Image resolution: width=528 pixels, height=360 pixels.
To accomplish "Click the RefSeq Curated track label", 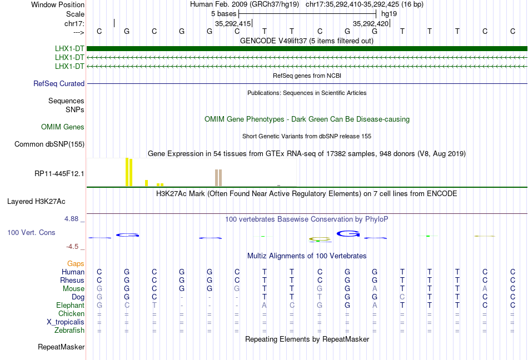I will [x=59, y=84].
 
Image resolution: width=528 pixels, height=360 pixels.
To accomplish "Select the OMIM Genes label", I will [x=63, y=127].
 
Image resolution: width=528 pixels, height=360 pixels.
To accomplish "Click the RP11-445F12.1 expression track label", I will [x=59, y=174].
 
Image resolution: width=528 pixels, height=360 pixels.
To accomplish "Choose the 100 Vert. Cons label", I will [x=32, y=232].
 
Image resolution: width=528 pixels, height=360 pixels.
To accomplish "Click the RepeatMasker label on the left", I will [x=61, y=347].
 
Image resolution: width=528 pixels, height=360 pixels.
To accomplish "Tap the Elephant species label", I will [x=70, y=306].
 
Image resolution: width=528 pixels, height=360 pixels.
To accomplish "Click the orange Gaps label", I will [x=76, y=263].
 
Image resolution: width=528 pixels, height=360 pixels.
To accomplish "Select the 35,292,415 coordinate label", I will [x=232, y=24].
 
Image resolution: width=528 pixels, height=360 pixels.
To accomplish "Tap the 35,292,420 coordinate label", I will [x=371, y=24].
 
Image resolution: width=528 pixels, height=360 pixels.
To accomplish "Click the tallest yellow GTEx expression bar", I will [x=127, y=172].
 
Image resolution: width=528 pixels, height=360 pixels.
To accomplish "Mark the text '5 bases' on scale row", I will [x=223, y=13].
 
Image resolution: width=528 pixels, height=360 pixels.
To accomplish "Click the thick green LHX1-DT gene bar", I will [x=306, y=48].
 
